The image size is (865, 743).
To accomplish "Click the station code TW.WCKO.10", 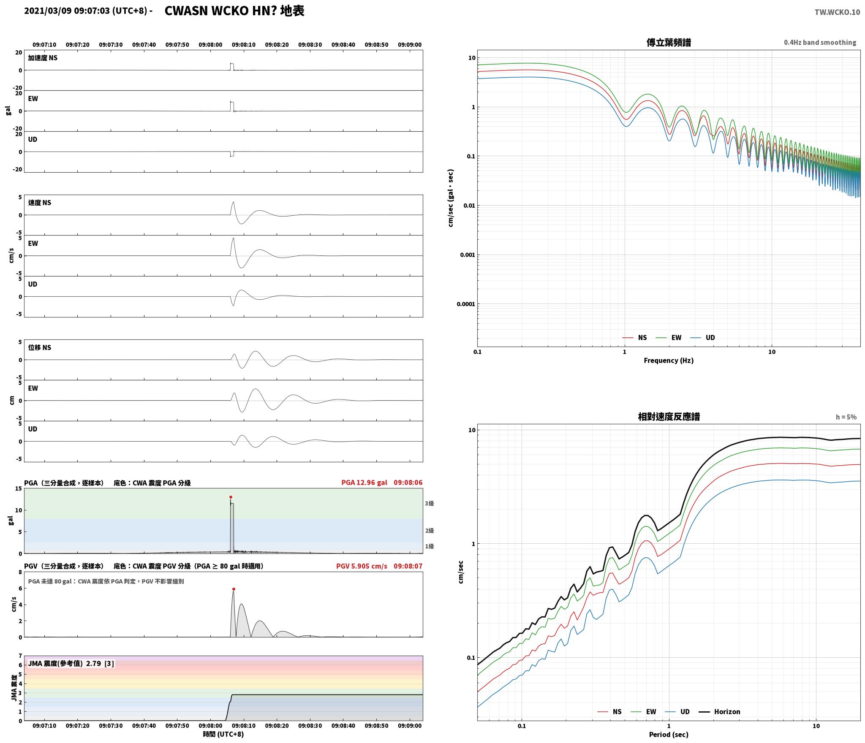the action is tap(837, 12).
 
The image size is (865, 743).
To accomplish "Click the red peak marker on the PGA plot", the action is tap(231, 497).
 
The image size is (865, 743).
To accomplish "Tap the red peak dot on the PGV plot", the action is tap(234, 589).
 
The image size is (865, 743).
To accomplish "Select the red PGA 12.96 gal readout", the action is tap(364, 483).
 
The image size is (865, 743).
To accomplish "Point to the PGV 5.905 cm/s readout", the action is tap(362, 566).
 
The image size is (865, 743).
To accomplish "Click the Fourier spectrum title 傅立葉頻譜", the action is tap(669, 43).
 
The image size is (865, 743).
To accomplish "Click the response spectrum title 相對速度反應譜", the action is tap(669, 417).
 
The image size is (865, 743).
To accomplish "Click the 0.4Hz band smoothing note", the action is tap(820, 43).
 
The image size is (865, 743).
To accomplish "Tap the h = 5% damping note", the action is tap(846, 417).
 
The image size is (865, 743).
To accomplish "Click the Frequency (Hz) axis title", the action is tap(669, 361).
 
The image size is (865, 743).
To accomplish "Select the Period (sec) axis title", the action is tap(669, 735).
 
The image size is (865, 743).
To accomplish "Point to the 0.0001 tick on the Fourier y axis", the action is tap(466, 304).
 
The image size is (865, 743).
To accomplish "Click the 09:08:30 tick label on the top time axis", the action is tap(310, 45).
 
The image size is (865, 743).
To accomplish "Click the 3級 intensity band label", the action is tap(429, 503).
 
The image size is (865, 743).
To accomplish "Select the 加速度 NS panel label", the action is tap(43, 58).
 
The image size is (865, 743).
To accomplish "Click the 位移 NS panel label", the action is tap(40, 347).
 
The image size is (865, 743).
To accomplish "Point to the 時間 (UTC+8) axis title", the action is tap(223, 734).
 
